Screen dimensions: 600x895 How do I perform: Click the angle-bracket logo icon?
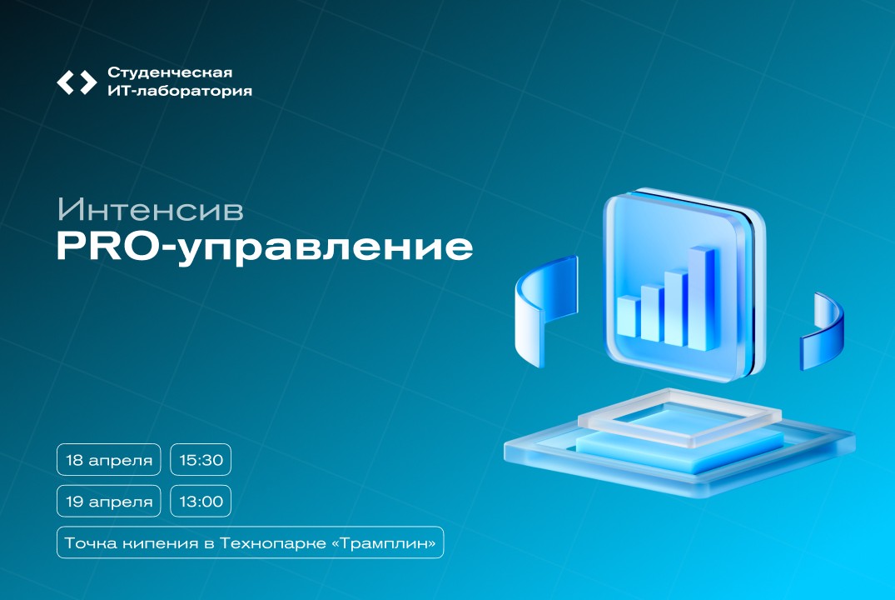point(77,82)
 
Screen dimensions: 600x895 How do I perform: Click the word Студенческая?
point(170,72)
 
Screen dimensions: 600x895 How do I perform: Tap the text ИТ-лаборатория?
point(180,92)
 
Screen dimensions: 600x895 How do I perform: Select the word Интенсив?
point(150,209)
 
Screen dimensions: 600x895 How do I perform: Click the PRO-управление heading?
point(265,247)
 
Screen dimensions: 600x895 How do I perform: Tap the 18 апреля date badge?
point(109,460)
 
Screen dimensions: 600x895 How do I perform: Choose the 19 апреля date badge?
point(109,501)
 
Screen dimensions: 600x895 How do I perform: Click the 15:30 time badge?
point(201,460)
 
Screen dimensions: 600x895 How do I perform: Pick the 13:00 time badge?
point(201,501)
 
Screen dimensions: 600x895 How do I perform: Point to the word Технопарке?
point(294,542)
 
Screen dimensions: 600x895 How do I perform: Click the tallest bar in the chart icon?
point(702,296)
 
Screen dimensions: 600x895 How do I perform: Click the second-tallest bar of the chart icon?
point(675,304)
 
